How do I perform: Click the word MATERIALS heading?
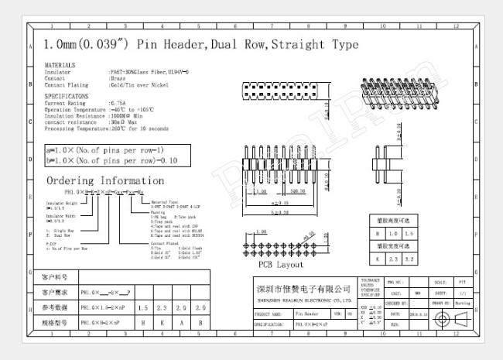point(60,65)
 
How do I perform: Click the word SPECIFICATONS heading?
point(67,95)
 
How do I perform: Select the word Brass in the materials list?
point(118,77)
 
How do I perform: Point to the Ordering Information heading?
point(105,181)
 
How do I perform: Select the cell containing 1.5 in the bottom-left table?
point(143,308)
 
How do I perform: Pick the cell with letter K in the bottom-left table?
point(163,321)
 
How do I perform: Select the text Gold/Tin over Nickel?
point(139,84)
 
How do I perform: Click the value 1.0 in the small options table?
point(394,232)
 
